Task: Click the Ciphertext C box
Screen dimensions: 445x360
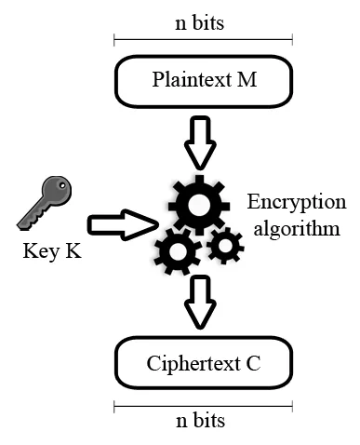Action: click(x=203, y=362)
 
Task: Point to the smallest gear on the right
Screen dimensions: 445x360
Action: click(x=224, y=246)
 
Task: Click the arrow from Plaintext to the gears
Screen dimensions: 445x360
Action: click(x=201, y=139)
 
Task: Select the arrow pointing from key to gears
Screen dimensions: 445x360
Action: click(x=120, y=224)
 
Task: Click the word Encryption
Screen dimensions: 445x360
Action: click(x=296, y=204)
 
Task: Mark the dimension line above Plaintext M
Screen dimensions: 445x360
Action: click(x=202, y=40)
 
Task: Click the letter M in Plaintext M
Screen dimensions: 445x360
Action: click(x=247, y=79)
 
